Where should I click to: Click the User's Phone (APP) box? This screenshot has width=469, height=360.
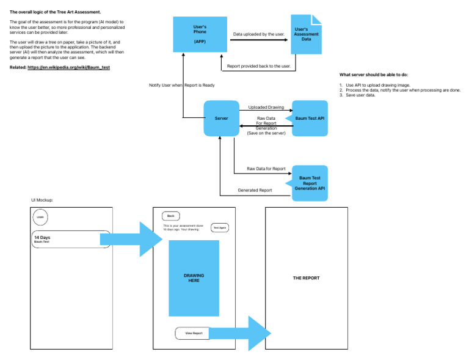(200, 34)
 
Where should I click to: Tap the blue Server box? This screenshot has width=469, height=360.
(221, 118)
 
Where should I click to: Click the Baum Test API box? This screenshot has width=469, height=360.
(310, 118)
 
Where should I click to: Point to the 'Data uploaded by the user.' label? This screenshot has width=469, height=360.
(259, 34)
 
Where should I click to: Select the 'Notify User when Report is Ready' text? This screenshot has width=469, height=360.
(182, 85)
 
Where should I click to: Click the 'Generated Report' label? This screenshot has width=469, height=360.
(255, 190)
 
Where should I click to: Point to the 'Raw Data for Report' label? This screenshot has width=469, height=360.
(266, 168)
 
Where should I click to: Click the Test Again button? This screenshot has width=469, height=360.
(219, 228)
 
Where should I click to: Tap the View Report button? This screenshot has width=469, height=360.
(193, 333)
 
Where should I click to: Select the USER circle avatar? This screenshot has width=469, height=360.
(40, 217)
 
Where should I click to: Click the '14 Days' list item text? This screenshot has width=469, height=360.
(42, 237)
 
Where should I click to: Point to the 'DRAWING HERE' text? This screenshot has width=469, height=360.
(194, 278)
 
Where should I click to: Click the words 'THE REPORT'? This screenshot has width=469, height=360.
(306, 278)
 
